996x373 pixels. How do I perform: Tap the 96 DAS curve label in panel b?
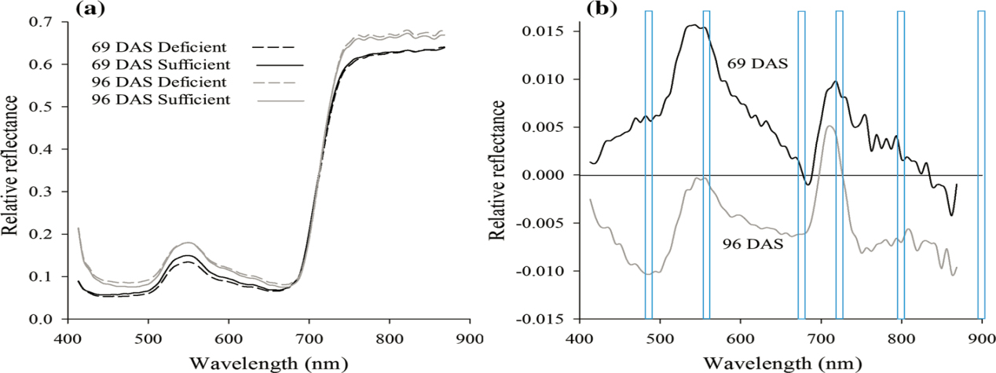[x=753, y=244]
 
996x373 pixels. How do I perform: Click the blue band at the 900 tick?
[x=981, y=165]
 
